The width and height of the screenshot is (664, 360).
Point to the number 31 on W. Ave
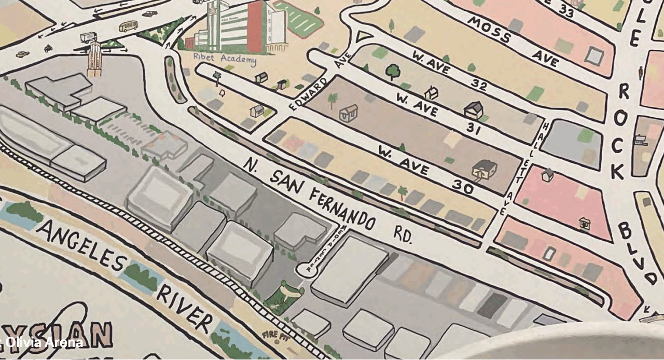472,128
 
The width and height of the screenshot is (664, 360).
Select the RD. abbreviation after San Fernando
402,234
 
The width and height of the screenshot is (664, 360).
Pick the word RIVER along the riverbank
185,308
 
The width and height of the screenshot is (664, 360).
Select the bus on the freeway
128,26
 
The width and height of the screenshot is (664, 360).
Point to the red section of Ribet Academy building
255,26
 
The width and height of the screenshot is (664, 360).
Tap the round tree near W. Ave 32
393,71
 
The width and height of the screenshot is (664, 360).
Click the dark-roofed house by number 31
473,110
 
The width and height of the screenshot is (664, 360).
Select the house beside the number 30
485,169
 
